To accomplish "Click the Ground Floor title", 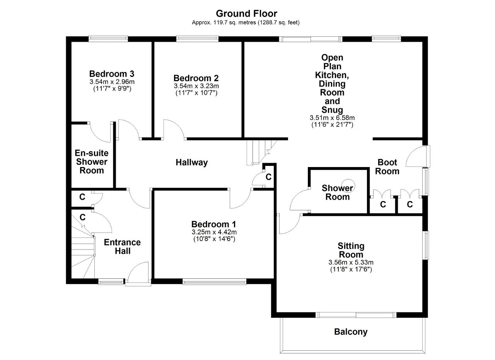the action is coord(246,14).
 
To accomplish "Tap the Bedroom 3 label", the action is coord(112,73).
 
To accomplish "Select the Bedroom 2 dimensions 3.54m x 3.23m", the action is coord(196,86).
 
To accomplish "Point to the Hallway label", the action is coord(191,162).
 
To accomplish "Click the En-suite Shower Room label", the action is coord(92,162).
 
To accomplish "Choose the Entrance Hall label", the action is coord(122,247).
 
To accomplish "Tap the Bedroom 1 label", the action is coord(214,224).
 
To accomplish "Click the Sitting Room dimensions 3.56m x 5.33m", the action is coord(351,263).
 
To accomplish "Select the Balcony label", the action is coord(351,332).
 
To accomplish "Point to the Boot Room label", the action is coord(387,167).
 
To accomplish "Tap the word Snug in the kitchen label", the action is coord(332,110).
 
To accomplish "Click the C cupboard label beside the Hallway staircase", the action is coord(268,177).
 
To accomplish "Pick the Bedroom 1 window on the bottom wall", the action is coord(214,282).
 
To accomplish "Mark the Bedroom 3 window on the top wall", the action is coord(108,39).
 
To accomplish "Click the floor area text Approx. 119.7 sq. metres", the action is coord(224,22).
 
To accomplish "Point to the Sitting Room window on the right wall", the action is coord(426,245).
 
